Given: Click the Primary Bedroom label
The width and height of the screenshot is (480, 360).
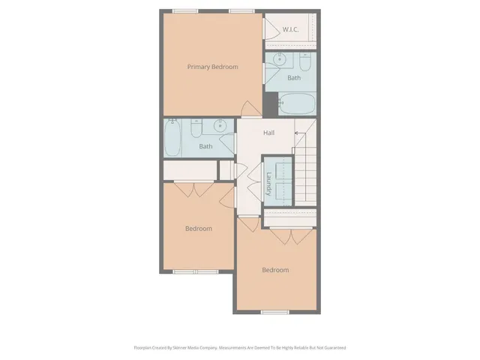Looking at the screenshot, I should (212, 67).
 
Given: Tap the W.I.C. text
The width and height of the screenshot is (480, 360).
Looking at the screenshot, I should (291, 30).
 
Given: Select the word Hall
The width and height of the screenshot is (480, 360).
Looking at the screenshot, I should (268, 133).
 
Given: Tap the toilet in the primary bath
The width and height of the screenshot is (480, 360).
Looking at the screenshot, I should (307, 61).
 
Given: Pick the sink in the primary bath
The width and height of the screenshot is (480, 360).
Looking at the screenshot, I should (281, 61).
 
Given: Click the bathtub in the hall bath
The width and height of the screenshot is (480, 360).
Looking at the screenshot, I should (172, 137).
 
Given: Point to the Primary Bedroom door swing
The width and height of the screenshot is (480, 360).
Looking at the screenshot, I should (250, 108).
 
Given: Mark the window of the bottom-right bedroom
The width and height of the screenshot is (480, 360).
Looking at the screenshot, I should (275, 310).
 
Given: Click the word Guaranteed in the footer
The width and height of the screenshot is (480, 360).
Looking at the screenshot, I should (333, 348).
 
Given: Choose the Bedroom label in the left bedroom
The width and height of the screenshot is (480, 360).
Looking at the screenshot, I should (199, 229).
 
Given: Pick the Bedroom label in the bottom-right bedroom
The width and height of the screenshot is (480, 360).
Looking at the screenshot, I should (275, 270).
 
